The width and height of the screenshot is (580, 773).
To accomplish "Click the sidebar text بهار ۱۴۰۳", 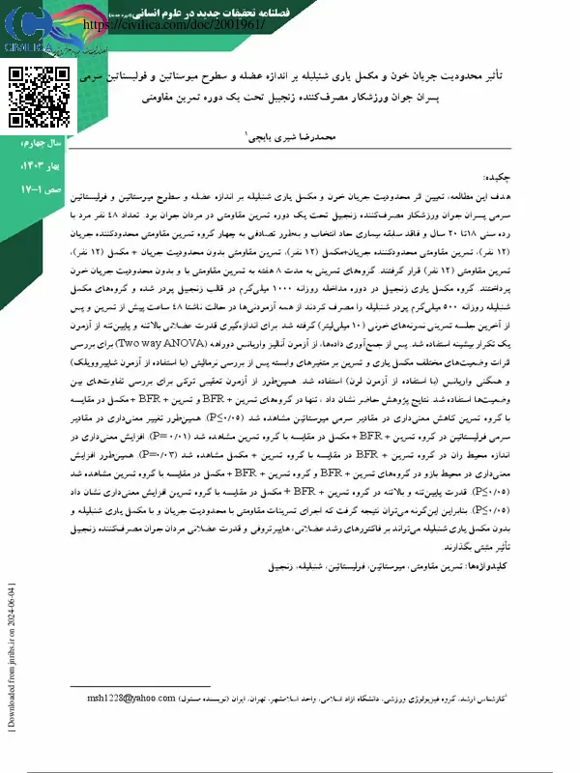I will (39, 166).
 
